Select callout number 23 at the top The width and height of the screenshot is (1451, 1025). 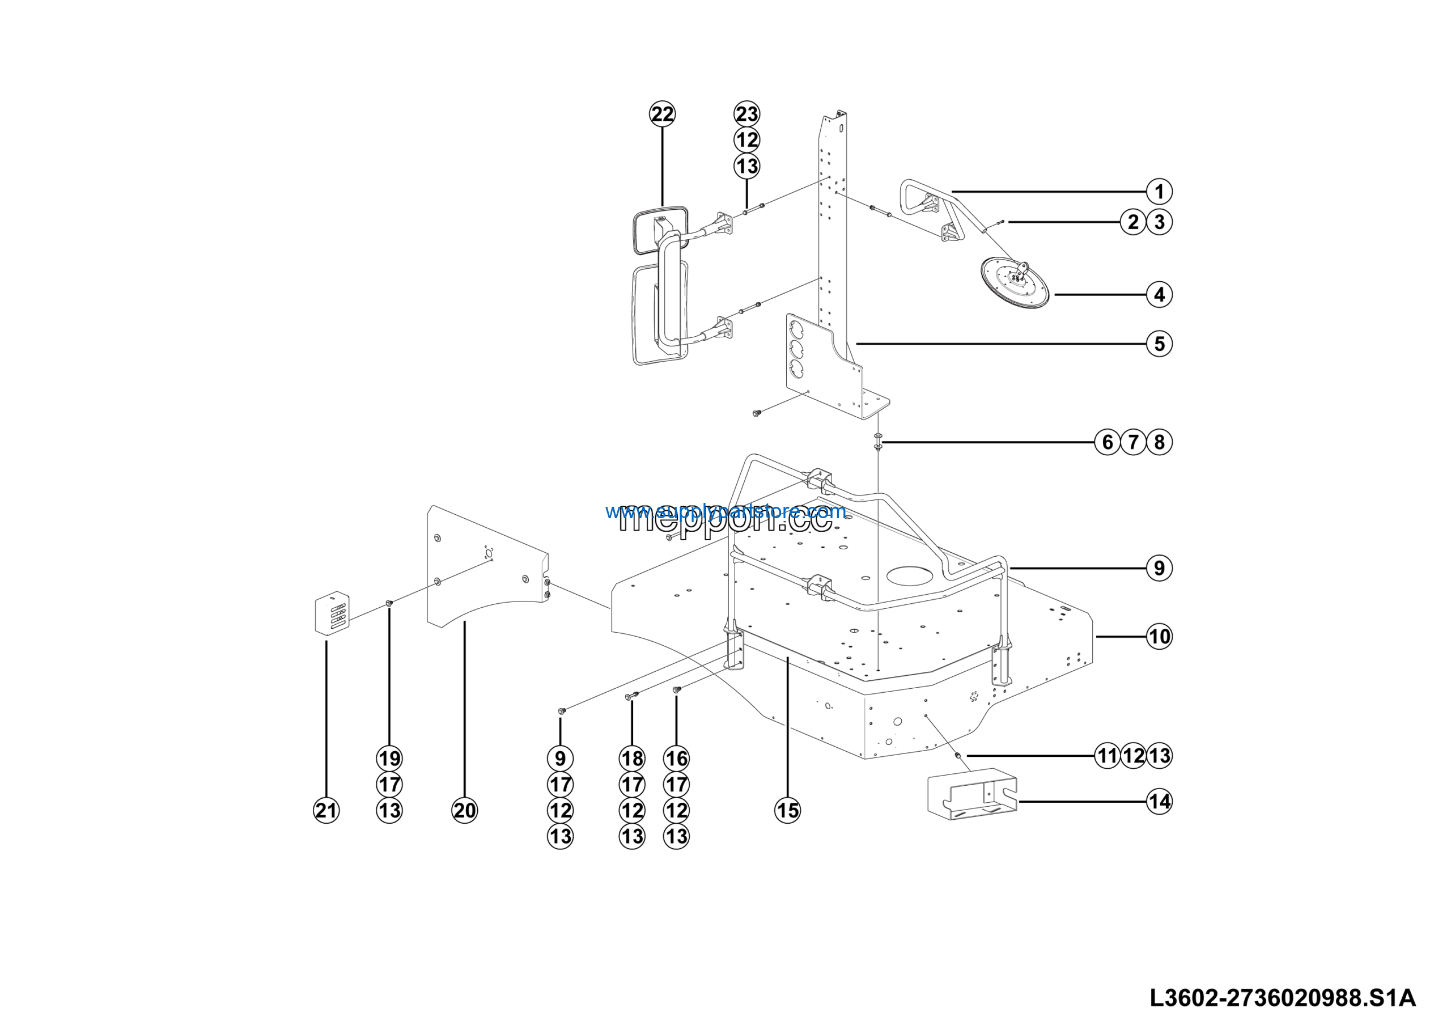point(746,115)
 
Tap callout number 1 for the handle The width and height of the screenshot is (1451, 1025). point(1159,192)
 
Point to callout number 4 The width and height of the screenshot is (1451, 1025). point(1159,294)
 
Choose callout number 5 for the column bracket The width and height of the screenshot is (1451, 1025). point(1159,344)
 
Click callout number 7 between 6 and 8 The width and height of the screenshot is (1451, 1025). point(1132,442)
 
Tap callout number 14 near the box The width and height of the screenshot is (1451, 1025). point(1159,802)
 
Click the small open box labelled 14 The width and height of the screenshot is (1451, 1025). point(972,794)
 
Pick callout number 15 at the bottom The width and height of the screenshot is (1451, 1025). point(787,810)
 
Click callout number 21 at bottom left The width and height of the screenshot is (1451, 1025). point(326,810)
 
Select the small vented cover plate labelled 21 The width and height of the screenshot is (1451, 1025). point(332,612)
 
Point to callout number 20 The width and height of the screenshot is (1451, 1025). point(465,810)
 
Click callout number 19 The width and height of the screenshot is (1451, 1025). point(389,759)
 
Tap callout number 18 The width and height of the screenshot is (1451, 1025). point(632,759)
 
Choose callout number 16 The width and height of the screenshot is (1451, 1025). point(676,759)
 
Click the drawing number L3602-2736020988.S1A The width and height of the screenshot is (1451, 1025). point(1282,998)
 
